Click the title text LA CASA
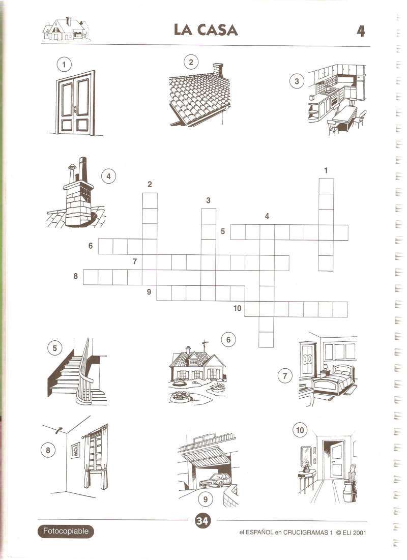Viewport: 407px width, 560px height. (206, 30)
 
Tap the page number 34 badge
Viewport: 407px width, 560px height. (202, 521)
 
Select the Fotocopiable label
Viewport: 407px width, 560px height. (66, 531)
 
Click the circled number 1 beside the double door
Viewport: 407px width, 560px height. (64, 65)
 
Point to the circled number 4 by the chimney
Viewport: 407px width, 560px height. (109, 176)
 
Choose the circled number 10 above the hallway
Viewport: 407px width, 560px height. (300, 430)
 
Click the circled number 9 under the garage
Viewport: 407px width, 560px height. (205, 499)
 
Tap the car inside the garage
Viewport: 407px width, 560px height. (215, 480)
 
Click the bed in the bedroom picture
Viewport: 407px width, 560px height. (333, 381)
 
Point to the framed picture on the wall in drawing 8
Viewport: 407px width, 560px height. (75, 450)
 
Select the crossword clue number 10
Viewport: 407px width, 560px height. (237, 308)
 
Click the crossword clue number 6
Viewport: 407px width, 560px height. (91, 246)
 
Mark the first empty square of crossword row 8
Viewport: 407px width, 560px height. (91, 277)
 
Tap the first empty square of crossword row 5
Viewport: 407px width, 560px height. (238, 232)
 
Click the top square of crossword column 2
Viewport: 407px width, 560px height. (150, 200)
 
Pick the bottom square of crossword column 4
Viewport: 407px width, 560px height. (266, 340)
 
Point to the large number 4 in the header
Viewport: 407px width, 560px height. (361, 31)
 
